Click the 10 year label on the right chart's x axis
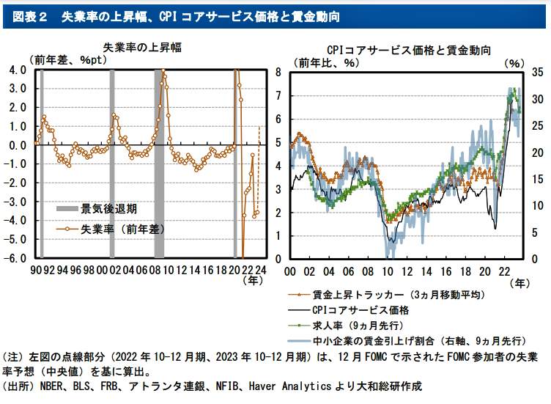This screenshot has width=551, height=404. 389,271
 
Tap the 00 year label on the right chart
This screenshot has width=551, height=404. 289,271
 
